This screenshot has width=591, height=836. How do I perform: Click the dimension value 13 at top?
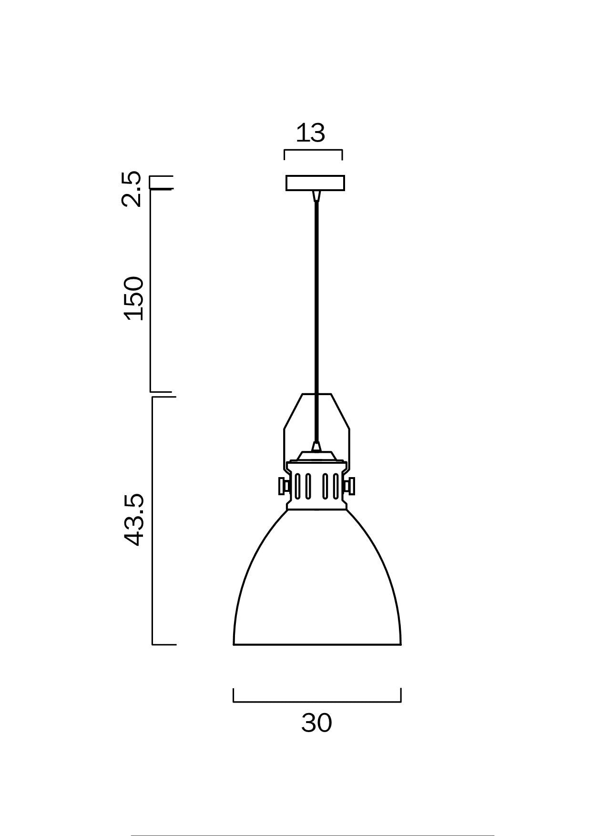tap(310, 133)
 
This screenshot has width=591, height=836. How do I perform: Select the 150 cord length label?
tap(133, 298)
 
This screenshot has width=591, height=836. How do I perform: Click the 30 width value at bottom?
tap(316, 723)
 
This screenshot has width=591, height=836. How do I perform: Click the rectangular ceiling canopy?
tap(315, 183)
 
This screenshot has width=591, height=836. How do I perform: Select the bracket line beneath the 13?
tap(313, 151)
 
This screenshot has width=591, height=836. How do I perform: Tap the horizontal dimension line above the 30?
tap(317, 702)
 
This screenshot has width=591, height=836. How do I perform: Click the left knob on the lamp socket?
tap(283, 486)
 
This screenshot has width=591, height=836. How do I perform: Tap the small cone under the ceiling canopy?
tap(315, 196)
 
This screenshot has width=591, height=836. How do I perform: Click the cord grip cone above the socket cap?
tap(316, 447)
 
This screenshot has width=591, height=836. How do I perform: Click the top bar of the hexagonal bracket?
tap(316, 394)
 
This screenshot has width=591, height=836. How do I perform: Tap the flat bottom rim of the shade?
tap(317, 644)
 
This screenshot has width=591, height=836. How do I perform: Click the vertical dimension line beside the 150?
tap(151, 291)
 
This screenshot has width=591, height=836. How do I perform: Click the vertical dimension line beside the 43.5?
tap(153, 520)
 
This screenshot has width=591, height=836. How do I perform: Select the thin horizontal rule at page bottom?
tap(312, 835)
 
